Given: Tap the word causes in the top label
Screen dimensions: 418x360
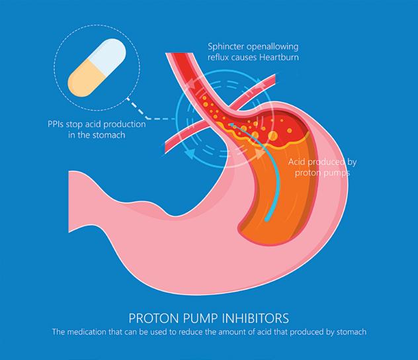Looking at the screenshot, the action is click(x=245, y=59).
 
